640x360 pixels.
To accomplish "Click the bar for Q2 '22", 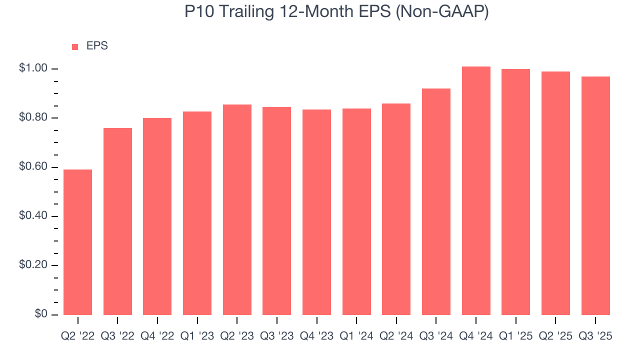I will (x=77, y=242).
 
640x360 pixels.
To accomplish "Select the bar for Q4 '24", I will (x=476, y=190).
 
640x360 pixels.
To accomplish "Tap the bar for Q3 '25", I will (x=595, y=195).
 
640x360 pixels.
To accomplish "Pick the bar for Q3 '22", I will (x=117, y=221).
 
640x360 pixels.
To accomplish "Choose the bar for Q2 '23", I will (x=237, y=209).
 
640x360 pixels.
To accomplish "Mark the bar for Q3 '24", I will (x=436, y=201).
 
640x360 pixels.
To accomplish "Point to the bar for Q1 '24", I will (x=356, y=211).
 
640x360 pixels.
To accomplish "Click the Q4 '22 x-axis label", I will (x=157, y=336).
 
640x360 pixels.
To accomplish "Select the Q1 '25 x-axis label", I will (x=515, y=336).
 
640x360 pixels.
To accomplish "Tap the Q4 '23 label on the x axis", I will (x=316, y=336).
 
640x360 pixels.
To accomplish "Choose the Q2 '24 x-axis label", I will (x=396, y=336).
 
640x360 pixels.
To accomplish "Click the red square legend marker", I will (x=75, y=46).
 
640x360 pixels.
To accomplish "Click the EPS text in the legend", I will (x=97, y=46).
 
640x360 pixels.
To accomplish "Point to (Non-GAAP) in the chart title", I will (x=442, y=12).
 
